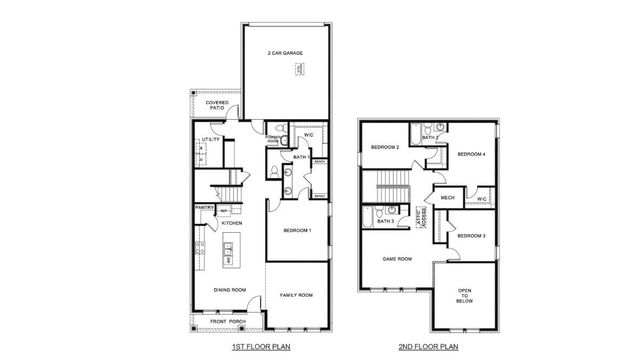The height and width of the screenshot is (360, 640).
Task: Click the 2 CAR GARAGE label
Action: coord(285,53)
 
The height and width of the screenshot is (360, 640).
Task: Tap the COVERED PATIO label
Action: coord(217,104)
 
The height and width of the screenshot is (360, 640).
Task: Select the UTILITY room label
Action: coord(211,140)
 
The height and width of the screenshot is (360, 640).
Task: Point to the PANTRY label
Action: coord(205,208)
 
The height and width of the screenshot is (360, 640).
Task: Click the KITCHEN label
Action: coord(232,223)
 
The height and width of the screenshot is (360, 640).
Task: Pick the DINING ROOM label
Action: coord(231,290)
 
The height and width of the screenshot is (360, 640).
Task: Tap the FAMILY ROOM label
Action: coord(297,295)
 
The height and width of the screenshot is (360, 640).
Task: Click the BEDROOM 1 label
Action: coord(297,231)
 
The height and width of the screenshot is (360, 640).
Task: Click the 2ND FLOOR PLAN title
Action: coord(430,346)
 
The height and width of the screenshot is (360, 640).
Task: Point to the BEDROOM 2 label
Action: coord(385,148)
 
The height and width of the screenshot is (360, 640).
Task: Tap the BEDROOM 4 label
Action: coord(471,154)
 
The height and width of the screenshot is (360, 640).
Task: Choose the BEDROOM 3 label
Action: coord(471,236)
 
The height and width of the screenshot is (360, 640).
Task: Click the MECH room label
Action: coord(447,197)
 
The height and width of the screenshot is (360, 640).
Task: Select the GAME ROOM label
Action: coord(398,258)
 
